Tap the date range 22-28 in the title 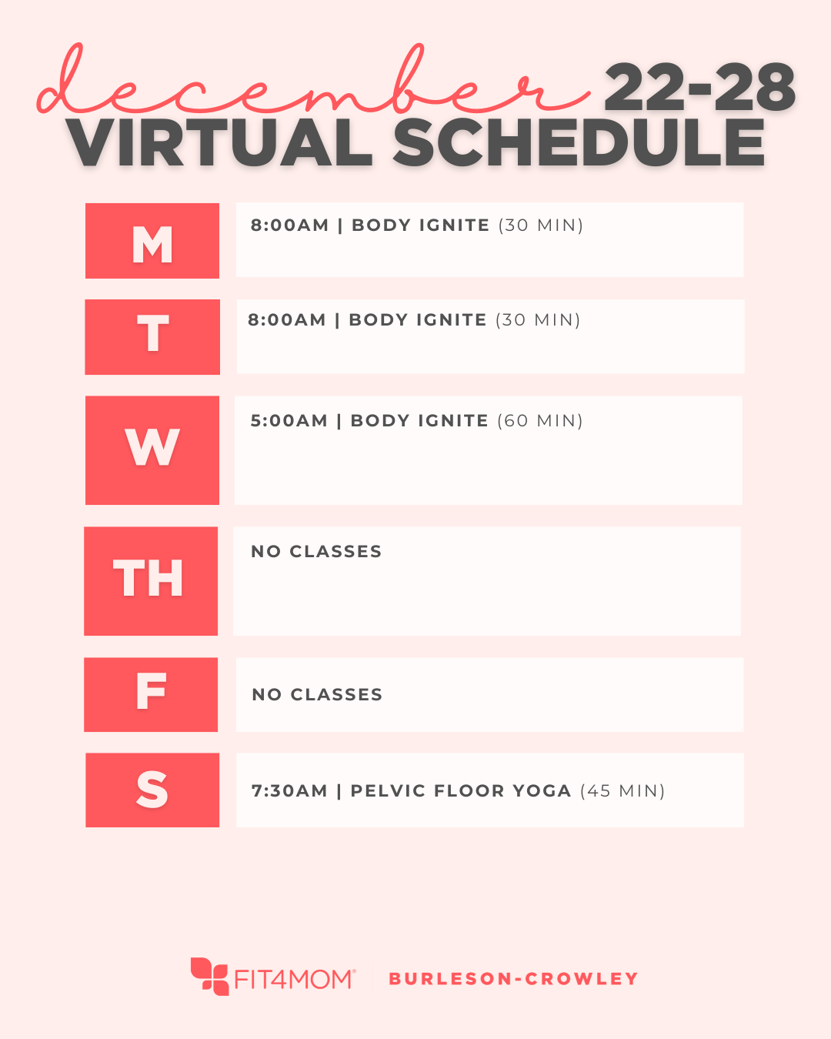pyautogui.click(x=699, y=88)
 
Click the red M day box pyautogui.click(x=152, y=241)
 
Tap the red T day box pyautogui.click(x=152, y=337)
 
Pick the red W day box pyautogui.click(x=152, y=450)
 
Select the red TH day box pyautogui.click(x=151, y=581)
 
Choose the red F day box pyautogui.click(x=151, y=694)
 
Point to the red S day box pyautogui.click(x=152, y=790)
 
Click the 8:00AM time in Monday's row pyautogui.click(x=289, y=226)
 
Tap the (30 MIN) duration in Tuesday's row pyautogui.click(x=538, y=320)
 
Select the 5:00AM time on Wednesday pyautogui.click(x=289, y=421)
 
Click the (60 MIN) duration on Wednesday pyautogui.click(x=540, y=421)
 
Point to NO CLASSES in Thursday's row pyautogui.click(x=316, y=552)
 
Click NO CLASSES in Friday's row pyautogui.click(x=317, y=695)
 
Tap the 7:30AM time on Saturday pyautogui.click(x=289, y=791)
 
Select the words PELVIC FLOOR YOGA pyautogui.click(x=460, y=791)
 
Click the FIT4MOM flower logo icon pyautogui.click(x=209, y=976)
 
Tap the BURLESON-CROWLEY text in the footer pyautogui.click(x=513, y=979)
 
